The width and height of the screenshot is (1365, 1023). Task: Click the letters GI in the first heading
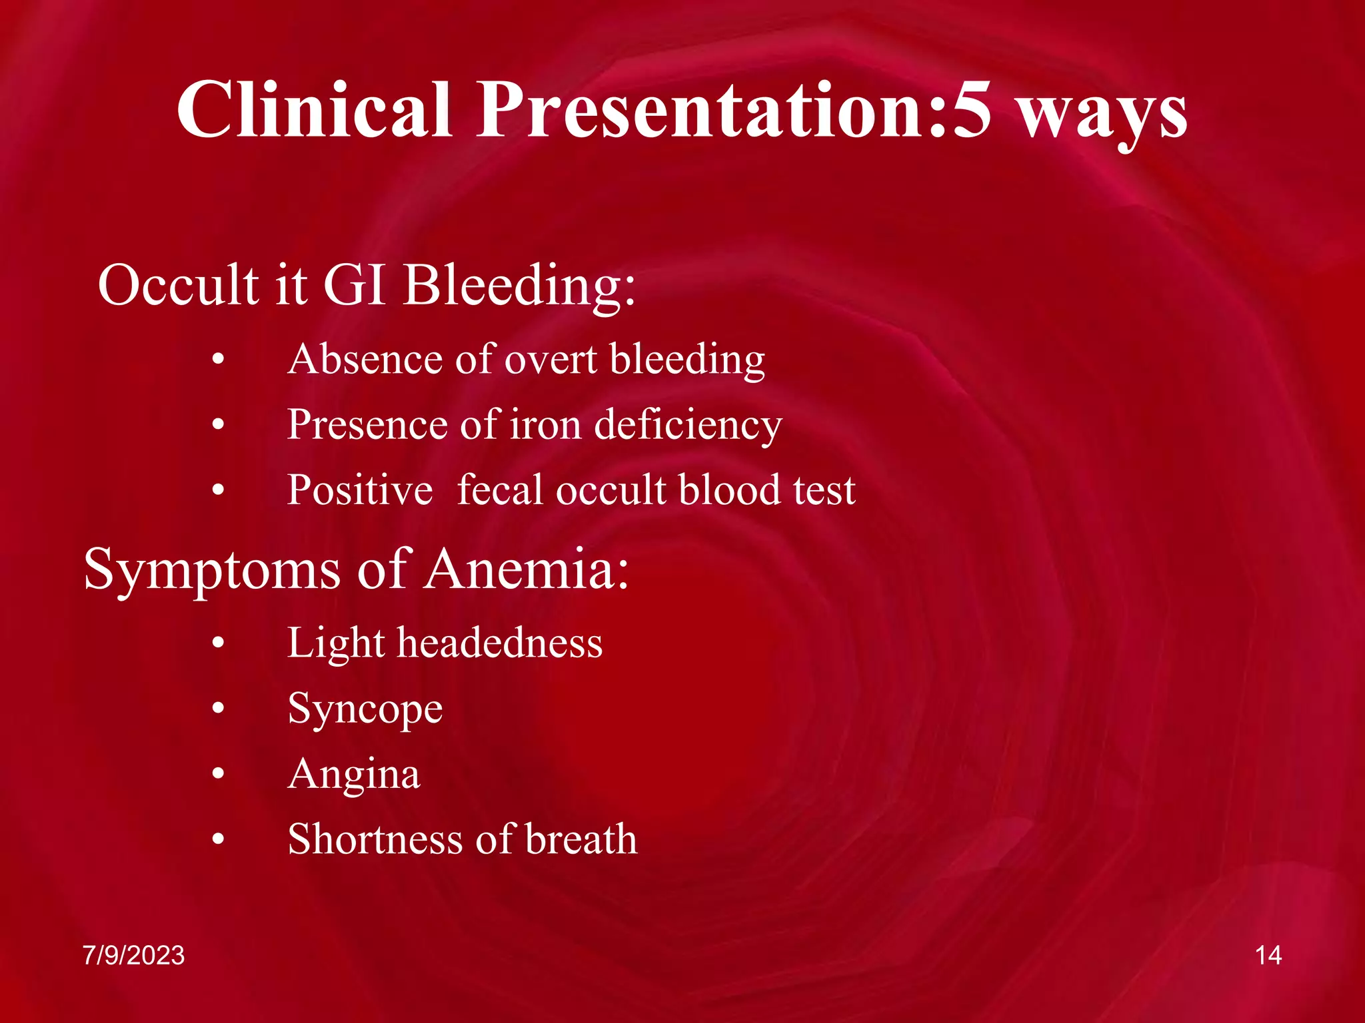tap(354, 284)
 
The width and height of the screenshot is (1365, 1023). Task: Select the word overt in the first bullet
tap(551, 360)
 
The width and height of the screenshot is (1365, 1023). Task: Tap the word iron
tap(545, 425)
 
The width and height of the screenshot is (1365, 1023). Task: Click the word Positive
tap(360, 490)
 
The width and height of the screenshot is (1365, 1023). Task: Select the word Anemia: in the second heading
tap(527, 569)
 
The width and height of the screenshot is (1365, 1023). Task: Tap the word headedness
tap(500, 643)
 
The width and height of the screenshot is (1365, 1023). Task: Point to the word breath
tap(581, 839)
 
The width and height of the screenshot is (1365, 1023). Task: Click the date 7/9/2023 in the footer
tap(133, 955)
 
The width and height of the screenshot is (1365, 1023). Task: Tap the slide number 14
tap(1268, 955)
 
